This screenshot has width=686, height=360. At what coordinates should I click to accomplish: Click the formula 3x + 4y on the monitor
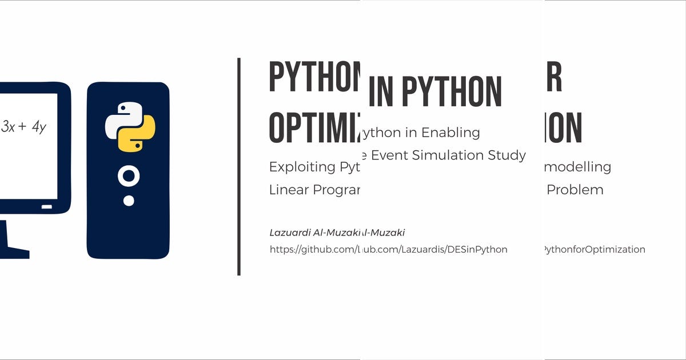coord(23,127)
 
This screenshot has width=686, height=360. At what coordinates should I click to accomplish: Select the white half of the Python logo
coord(121,118)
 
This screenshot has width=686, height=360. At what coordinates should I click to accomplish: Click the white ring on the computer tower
coord(129,177)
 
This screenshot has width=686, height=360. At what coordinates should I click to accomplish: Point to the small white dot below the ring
coord(129,201)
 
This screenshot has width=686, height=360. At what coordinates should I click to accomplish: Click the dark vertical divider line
coord(238,166)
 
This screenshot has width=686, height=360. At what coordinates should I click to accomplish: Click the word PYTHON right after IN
coord(451,92)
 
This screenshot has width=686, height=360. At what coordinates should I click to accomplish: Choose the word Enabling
coord(451,133)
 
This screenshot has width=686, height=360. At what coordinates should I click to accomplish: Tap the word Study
coord(509,155)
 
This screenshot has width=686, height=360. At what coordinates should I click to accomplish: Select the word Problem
coord(575,190)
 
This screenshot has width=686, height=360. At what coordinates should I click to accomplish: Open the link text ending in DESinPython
coord(434,249)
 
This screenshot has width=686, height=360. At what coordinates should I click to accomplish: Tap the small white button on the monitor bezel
coord(47,206)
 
